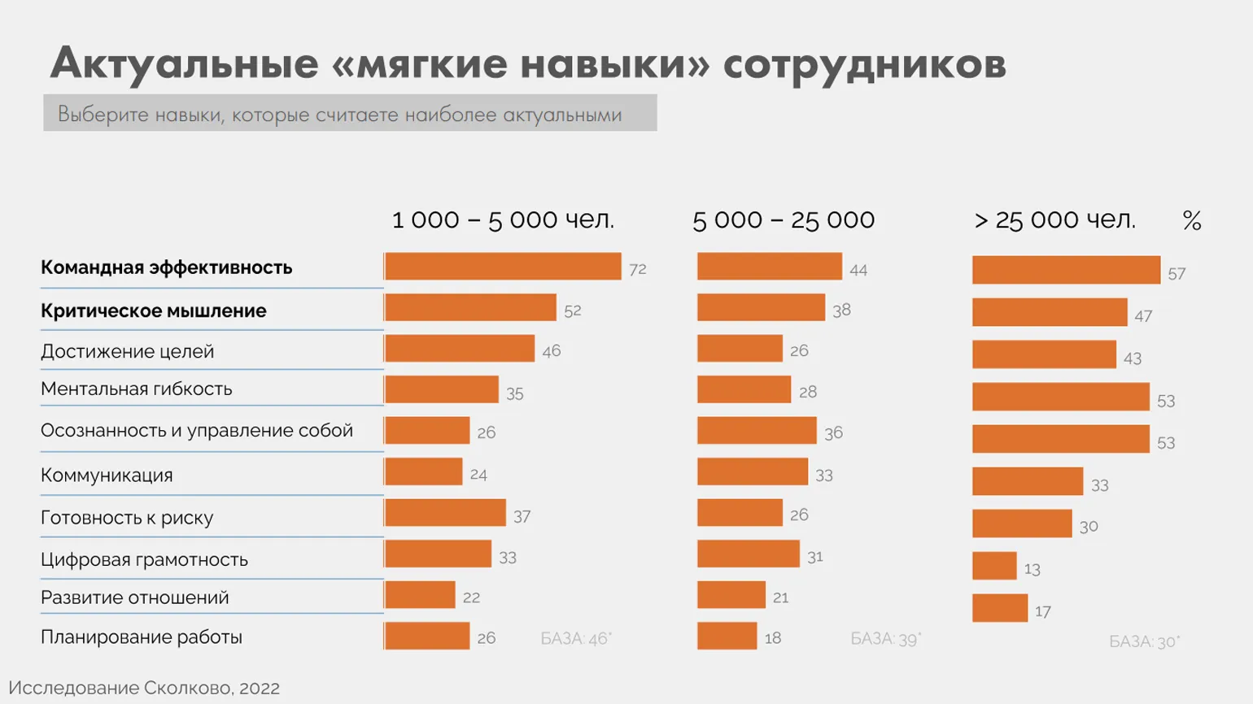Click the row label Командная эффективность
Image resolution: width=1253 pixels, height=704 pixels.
coord(166,267)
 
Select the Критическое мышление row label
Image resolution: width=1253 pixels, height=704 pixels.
coord(153,311)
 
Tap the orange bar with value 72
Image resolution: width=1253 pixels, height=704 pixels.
coord(503,267)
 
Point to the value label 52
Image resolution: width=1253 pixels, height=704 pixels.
coord(573,311)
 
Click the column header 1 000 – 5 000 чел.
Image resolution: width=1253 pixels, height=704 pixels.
coord(503,219)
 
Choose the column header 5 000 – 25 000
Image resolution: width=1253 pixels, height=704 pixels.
coord(784,219)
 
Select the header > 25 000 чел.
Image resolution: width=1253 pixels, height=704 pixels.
coord(1054,219)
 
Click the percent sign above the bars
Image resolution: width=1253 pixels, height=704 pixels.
coord(1192,220)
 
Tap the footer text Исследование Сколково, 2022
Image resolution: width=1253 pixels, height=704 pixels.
coord(144,688)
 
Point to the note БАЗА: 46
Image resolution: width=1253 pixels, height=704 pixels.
coord(575,639)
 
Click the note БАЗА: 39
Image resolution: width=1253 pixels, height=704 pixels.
coord(885,639)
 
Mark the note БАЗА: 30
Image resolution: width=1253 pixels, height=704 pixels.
coord(1144,641)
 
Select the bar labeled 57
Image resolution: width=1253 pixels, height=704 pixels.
coord(1066,270)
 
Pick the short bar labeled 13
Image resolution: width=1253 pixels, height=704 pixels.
coord(994,566)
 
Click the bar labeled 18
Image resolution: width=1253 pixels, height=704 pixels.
coord(727,636)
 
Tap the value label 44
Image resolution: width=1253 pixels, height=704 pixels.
coord(858,270)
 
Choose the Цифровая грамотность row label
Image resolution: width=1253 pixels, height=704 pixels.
coord(144,559)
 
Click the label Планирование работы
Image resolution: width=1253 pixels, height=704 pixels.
coord(142,637)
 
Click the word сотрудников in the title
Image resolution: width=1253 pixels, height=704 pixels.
coord(864,63)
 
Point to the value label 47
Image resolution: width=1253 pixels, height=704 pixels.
coord(1143,316)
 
